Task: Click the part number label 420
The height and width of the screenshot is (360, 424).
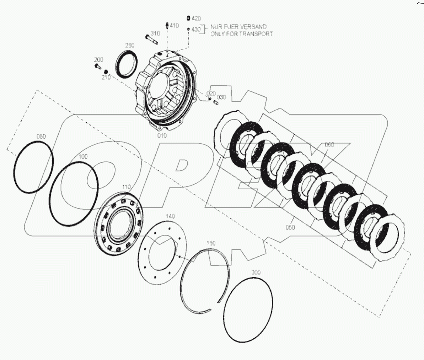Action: click(196, 18)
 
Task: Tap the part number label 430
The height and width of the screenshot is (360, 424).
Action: click(196, 30)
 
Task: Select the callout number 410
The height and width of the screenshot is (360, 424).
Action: click(174, 26)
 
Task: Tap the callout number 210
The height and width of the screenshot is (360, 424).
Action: click(105, 77)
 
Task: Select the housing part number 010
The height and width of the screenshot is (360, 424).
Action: click(162, 135)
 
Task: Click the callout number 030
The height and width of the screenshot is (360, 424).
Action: click(221, 97)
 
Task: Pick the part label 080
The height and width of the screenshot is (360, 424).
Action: click(41, 137)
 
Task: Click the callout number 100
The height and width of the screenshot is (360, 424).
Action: click(83, 157)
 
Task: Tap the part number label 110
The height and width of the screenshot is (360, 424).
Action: click(126, 187)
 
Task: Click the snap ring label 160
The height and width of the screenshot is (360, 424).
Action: click(211, 243)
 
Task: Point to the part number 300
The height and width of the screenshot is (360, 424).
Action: click(256, 272)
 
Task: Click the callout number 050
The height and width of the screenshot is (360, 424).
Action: click(290, 227)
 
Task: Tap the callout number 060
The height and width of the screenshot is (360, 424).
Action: click(329, 144)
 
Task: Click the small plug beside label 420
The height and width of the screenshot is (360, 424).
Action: click(188, 18)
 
